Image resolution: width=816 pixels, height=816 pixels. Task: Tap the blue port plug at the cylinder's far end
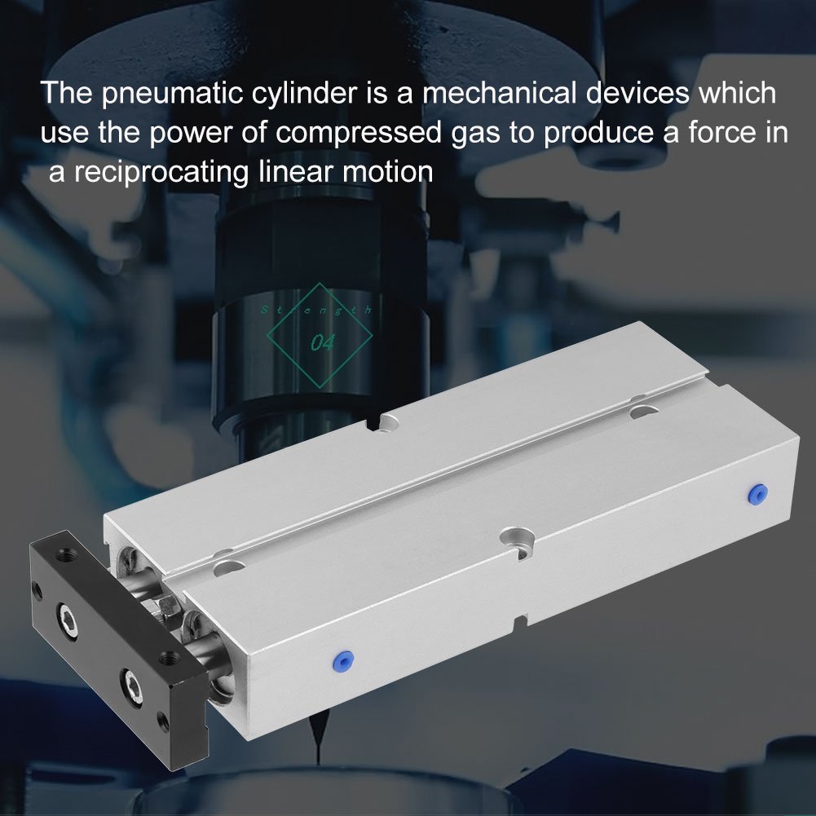pyautogui.click(x=759, y=493)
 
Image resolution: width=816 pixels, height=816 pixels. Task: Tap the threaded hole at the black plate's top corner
pyautogui.click(x=63, y=558)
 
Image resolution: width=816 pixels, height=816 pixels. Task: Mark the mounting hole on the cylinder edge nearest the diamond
pyautogui.click(x=388, y=421)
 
